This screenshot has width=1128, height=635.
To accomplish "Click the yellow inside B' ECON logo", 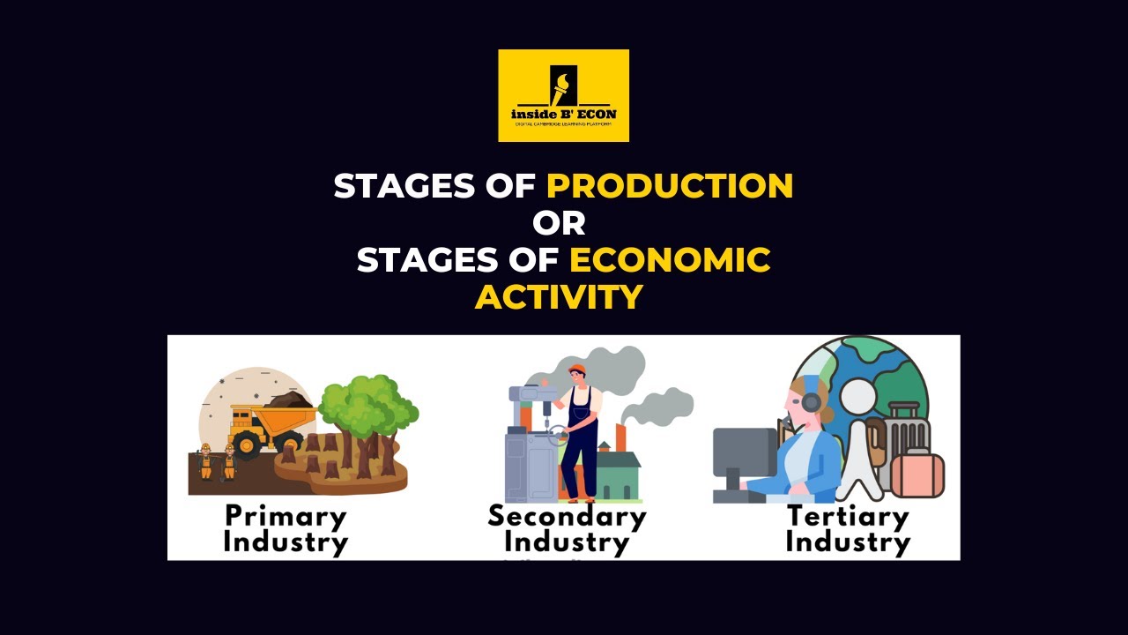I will click(563, 95).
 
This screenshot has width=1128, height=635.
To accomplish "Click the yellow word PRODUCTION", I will click(670, 186).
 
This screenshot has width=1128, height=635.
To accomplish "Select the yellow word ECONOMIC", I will click(670, 260).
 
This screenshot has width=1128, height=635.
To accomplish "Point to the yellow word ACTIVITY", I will click(559, 297).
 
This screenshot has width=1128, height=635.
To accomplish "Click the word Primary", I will click(286, 516).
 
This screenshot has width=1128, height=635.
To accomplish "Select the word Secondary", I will click(567, 516).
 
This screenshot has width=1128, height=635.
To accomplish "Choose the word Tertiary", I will click(847, 516).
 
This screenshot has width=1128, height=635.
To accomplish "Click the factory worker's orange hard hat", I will click(577, 369).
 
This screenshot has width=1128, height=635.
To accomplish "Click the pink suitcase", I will click(917, 474).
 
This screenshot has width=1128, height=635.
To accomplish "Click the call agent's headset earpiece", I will click(811, 403).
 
